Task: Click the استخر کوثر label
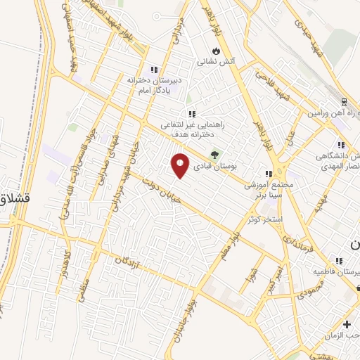[264, 220]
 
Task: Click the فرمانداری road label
[298, 247]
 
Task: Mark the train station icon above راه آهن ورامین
[344, 102]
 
